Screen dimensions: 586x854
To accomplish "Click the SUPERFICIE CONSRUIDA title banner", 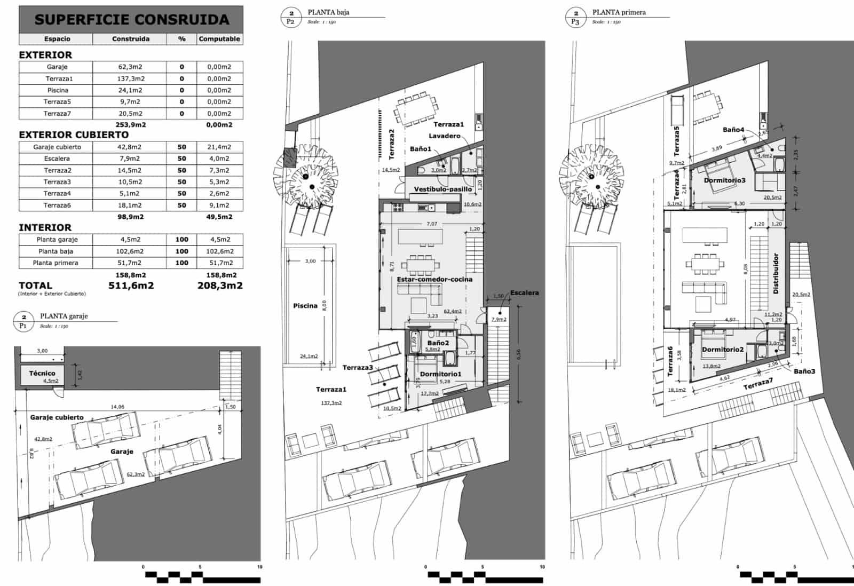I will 131,20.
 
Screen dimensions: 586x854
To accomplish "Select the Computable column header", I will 219,39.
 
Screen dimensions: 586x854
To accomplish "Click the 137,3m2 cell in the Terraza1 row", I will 130,78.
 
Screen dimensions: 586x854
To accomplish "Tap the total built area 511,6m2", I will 131,286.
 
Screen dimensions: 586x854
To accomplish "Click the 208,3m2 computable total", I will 220,286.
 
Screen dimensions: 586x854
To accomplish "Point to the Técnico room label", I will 42,373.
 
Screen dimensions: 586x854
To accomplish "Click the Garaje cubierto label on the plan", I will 57,417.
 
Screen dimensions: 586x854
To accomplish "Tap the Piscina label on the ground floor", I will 305,306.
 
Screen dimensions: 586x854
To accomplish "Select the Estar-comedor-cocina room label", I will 434,279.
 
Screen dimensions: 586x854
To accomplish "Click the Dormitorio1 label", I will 440,374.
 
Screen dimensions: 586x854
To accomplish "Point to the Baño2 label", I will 438,343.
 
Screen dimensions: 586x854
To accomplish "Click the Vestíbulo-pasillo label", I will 443,189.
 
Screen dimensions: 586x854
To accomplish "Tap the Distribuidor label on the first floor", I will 776,273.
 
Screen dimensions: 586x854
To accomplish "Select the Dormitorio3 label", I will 724,180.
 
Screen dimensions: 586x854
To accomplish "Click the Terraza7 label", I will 758,383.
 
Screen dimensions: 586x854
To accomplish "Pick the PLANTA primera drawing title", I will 619,12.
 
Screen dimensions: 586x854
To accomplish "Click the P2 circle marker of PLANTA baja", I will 291,18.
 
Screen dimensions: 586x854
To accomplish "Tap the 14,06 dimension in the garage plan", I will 117,407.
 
